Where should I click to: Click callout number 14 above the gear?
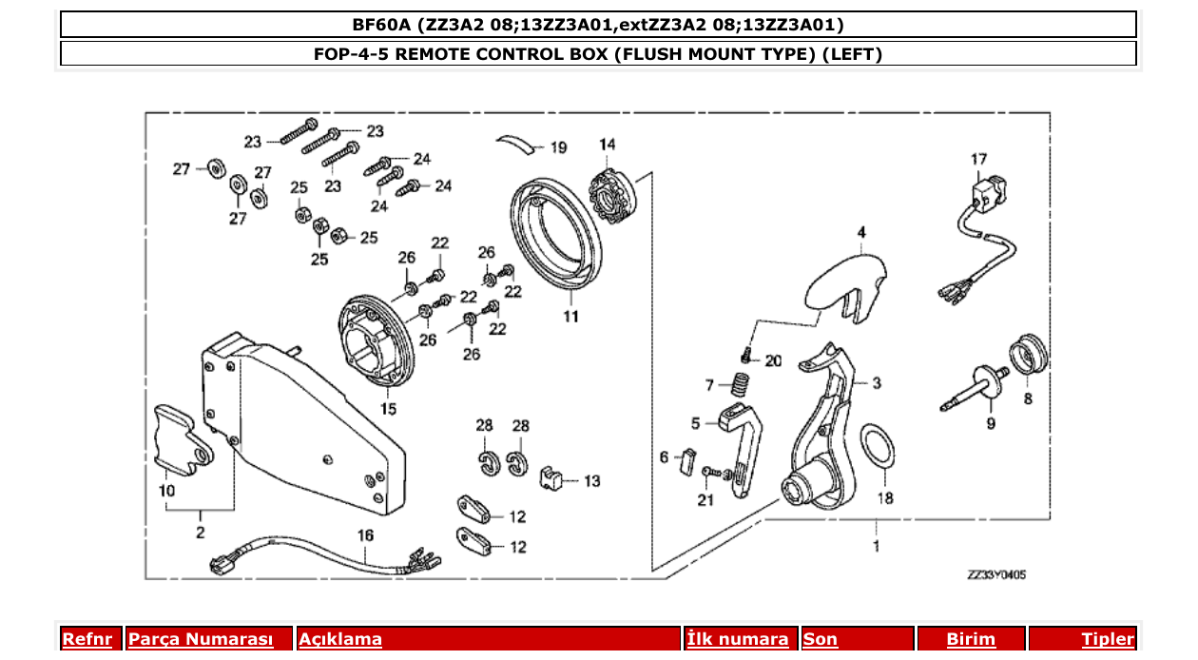click(607, 145)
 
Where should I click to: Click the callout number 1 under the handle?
click(876, 546)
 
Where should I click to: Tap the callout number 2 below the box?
click(200, 533)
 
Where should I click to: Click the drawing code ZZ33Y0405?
click(995, 574)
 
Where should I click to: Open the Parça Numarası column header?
click(201, 639)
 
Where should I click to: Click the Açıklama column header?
click(340, 639)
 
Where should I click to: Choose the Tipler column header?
click(1107, 639)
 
